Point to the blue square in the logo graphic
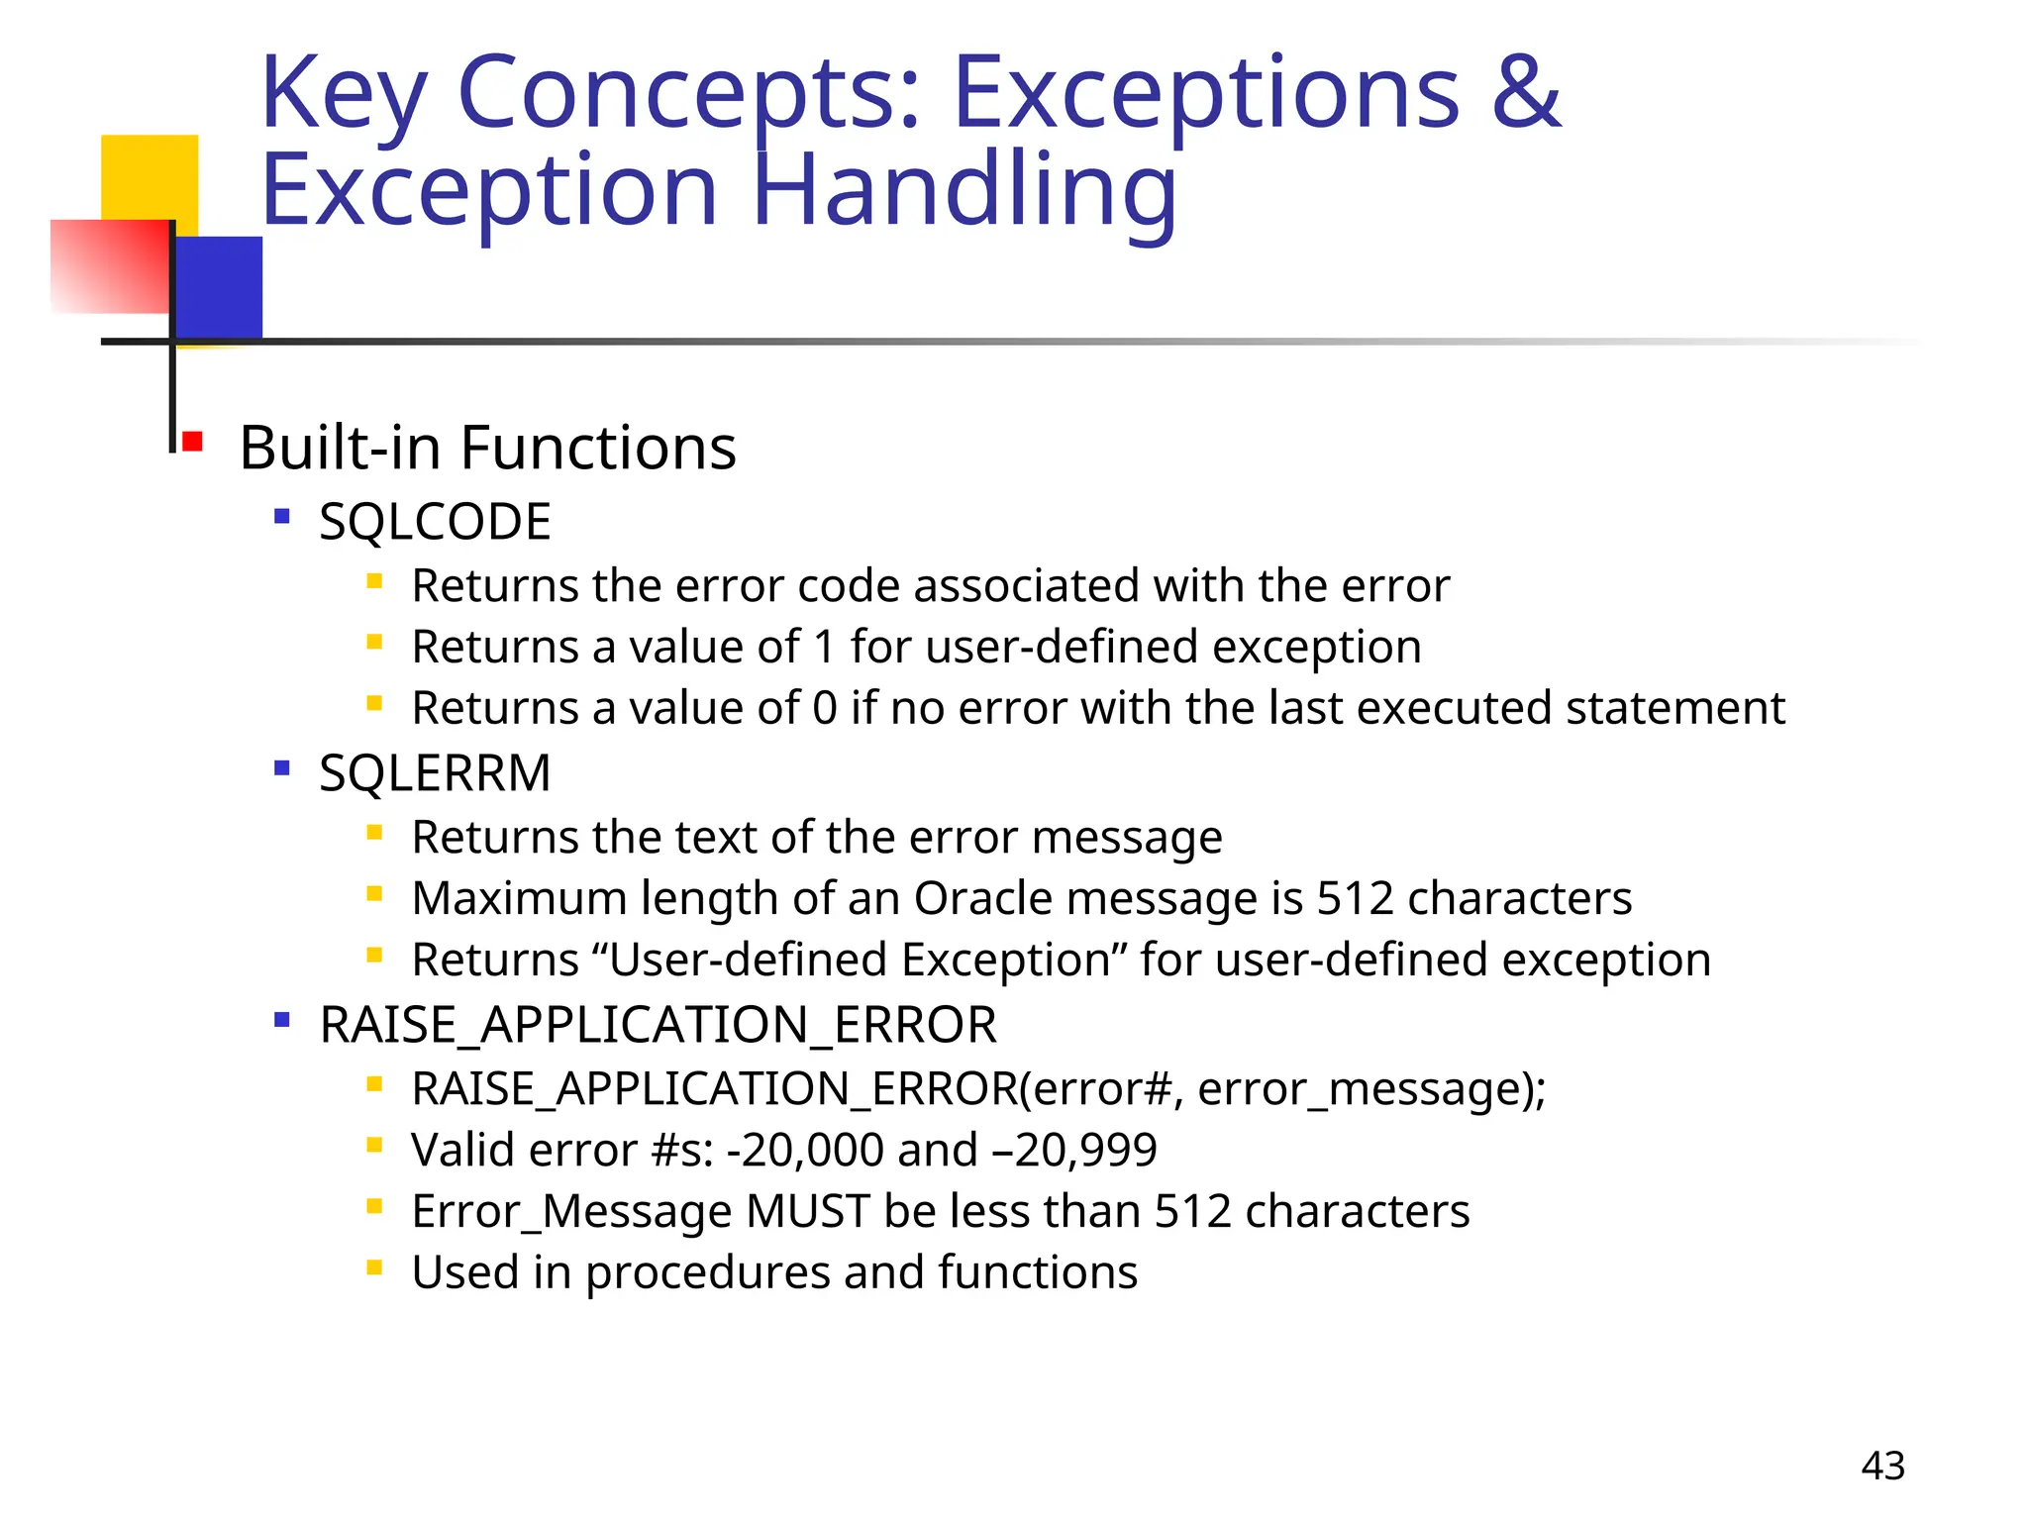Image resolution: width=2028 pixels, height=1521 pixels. tap(219, 287)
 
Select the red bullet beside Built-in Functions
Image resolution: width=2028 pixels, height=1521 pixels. tap(192, 441)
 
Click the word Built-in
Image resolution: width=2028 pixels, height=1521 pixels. tap(341, 448)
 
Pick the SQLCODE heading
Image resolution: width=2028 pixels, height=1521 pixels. tap(435, 522)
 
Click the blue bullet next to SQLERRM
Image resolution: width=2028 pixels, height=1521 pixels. tap(282, 767)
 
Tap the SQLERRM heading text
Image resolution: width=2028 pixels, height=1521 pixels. tap(435, 773)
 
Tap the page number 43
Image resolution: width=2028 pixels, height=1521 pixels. tap(1882, 1466)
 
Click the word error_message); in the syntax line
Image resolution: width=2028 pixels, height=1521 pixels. tap(1371, 1089)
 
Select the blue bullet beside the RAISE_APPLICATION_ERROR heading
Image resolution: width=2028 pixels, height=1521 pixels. tap(282, 1019)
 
